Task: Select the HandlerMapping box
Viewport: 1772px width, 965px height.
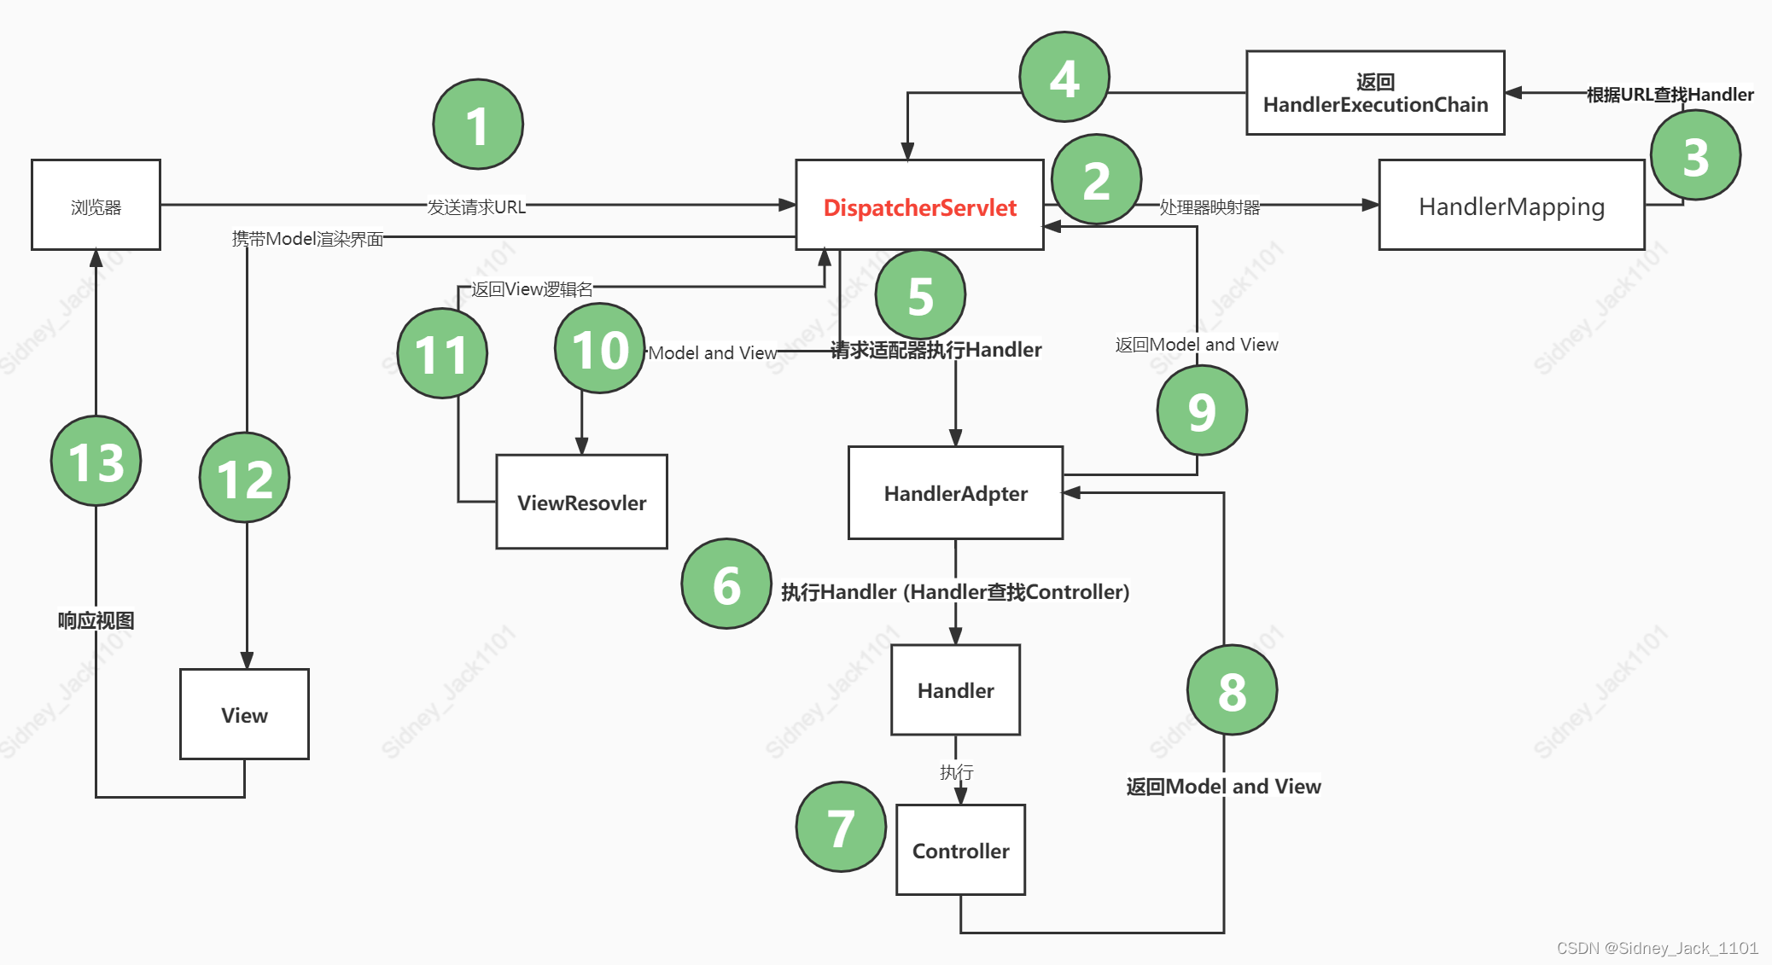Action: pyautogui.click(x=1511, y=206)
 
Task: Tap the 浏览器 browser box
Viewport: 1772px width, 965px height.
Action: pyautogui.click(x=96, y=206)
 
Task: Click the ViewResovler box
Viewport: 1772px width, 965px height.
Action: pyautogui.click(x=581, y=502)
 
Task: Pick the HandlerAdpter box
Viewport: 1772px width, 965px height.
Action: pyautogui.click(x=955, y=493)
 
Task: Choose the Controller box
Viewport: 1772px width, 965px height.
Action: pyautogui.click(x=960, y=850)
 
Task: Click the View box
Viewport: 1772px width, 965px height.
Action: pyautogui.click(x=244, y=714)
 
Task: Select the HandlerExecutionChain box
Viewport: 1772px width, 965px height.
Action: pyautogui.click(x=1375, y=93)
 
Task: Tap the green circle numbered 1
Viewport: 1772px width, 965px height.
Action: pyautogui.click(x=478, y=125)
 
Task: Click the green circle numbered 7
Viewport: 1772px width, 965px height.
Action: pyautogui.click(x=841, y=827)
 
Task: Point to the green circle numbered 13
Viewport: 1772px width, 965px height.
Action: pyautogui.click(x=96, y=461)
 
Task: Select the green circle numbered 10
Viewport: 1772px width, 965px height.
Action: pyautogui.click(x=600, y=349)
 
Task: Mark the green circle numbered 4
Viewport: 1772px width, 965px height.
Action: pyautogui.click(x=1064, y=78)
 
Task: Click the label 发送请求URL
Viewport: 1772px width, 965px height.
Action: pyautogui.click(x=476, y=206)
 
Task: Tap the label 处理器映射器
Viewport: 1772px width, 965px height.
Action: pyautogui.click(x=1210, y=206)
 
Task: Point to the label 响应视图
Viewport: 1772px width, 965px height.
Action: pyautogui.click(x=96, y=620)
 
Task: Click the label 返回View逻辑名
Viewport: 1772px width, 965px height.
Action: pyautogui.click(x=532, y=288)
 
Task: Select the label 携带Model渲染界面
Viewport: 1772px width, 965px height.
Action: pyautogui.click(x=308, y=238)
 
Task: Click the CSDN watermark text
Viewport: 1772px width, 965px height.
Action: pyautogui.click(x=1657, y=948)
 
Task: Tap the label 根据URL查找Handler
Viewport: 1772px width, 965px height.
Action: pyautogui.click(x=1670, y=95)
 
